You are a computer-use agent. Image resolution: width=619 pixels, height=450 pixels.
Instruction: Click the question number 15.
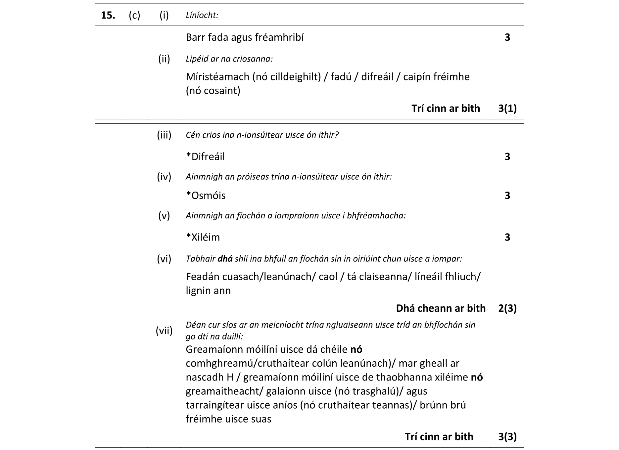(108, 15)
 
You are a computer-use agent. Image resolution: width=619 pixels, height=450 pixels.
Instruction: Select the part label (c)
(134, 15)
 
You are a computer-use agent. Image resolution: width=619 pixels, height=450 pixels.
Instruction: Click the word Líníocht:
(202, 15)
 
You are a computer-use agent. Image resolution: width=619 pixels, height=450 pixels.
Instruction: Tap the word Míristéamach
(217, 77)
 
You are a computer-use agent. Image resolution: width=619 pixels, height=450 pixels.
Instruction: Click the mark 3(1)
(507, 108)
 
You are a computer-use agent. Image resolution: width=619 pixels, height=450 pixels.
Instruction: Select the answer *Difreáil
(205, 157)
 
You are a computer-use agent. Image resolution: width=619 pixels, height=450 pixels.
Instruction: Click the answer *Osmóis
(206, 196)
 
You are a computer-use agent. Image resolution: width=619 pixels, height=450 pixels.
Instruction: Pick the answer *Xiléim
(203, 237)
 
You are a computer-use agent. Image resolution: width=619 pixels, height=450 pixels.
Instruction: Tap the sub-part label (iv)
(164, 177)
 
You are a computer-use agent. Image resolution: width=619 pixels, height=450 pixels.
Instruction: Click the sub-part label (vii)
(164, 331)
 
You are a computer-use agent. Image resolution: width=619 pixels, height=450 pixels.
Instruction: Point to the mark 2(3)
(507, 308)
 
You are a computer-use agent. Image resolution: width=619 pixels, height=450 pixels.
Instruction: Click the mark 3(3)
(507, 436)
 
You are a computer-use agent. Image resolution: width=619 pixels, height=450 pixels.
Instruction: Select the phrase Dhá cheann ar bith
(441, 308)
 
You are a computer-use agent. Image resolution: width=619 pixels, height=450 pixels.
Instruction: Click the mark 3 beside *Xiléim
(507, 237)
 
